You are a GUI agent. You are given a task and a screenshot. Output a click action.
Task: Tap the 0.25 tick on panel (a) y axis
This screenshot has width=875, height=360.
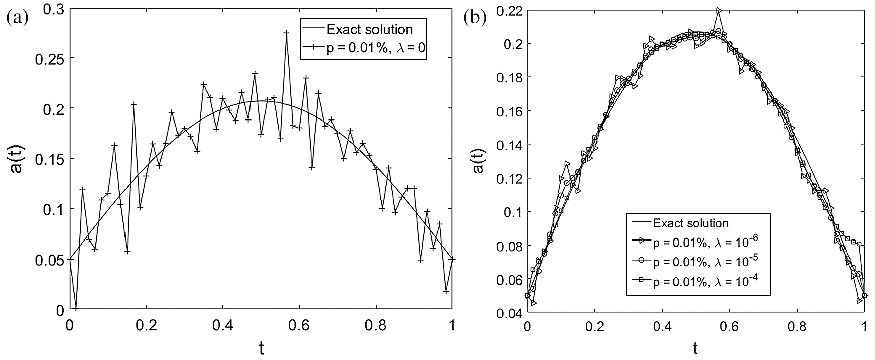pos(51,58)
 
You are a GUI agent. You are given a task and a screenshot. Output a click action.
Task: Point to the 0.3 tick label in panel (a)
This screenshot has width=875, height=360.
pos(55,8)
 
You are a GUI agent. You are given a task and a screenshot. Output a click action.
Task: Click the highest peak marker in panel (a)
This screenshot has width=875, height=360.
pos(286,33)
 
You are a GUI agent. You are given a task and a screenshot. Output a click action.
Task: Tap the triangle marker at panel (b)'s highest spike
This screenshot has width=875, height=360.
pos(719,10)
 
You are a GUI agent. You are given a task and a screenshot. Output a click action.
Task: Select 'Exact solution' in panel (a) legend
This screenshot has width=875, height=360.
pos(369,29)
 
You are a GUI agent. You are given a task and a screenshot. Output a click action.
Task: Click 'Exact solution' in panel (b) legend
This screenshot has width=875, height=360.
pos(690,223)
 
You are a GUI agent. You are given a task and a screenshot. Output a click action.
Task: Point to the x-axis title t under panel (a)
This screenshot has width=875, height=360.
pos(261,347)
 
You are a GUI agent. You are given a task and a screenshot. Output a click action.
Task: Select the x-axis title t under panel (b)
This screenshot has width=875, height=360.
pos(695,347)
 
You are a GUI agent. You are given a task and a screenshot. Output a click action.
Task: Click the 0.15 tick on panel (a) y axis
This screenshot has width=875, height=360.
pos(51,159)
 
